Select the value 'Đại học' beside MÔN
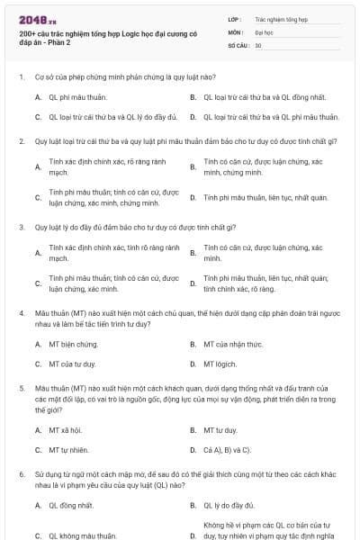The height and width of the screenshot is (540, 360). click(264, 31)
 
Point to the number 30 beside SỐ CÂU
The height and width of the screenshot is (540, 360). click(258, 43)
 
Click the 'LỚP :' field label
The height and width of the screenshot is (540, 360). click(235, 18)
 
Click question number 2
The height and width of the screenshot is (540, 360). click(22, 141)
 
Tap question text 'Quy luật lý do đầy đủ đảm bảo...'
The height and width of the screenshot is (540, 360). click(122, 227)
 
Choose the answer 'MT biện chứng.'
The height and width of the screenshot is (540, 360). click(74, 344)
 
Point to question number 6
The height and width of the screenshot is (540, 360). click(22, 472)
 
